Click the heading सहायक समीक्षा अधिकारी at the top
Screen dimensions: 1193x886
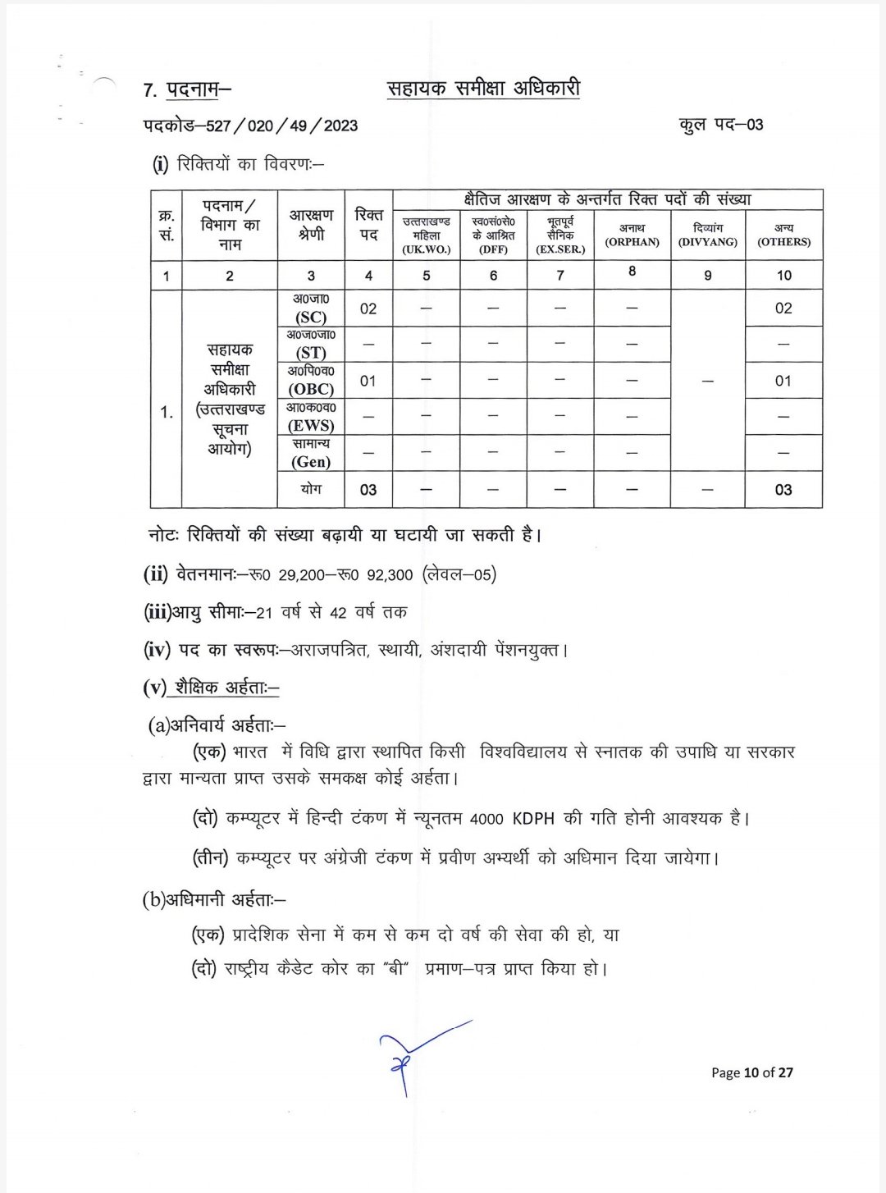[483, 89]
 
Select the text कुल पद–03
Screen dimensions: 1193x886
[721, 125]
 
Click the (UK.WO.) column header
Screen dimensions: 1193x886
[427, 249]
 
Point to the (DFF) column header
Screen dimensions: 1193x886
[493, 249]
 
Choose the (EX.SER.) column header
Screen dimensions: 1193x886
[560, 249]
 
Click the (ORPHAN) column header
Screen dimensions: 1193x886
[632, 242]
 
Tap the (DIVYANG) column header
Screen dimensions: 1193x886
[708, 242]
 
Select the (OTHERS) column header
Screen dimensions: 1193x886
[783, 242]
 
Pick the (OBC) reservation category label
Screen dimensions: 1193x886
[311, 389]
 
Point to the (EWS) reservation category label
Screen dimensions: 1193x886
[311, 425]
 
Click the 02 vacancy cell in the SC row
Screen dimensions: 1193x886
[368, 309]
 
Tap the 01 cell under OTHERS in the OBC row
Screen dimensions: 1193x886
[783, 381]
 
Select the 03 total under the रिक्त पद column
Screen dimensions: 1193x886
[368, 490]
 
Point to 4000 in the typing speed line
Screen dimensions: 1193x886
[489, 819]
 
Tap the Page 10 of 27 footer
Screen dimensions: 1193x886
[751, 1072]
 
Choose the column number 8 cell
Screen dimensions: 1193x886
[632, 271]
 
